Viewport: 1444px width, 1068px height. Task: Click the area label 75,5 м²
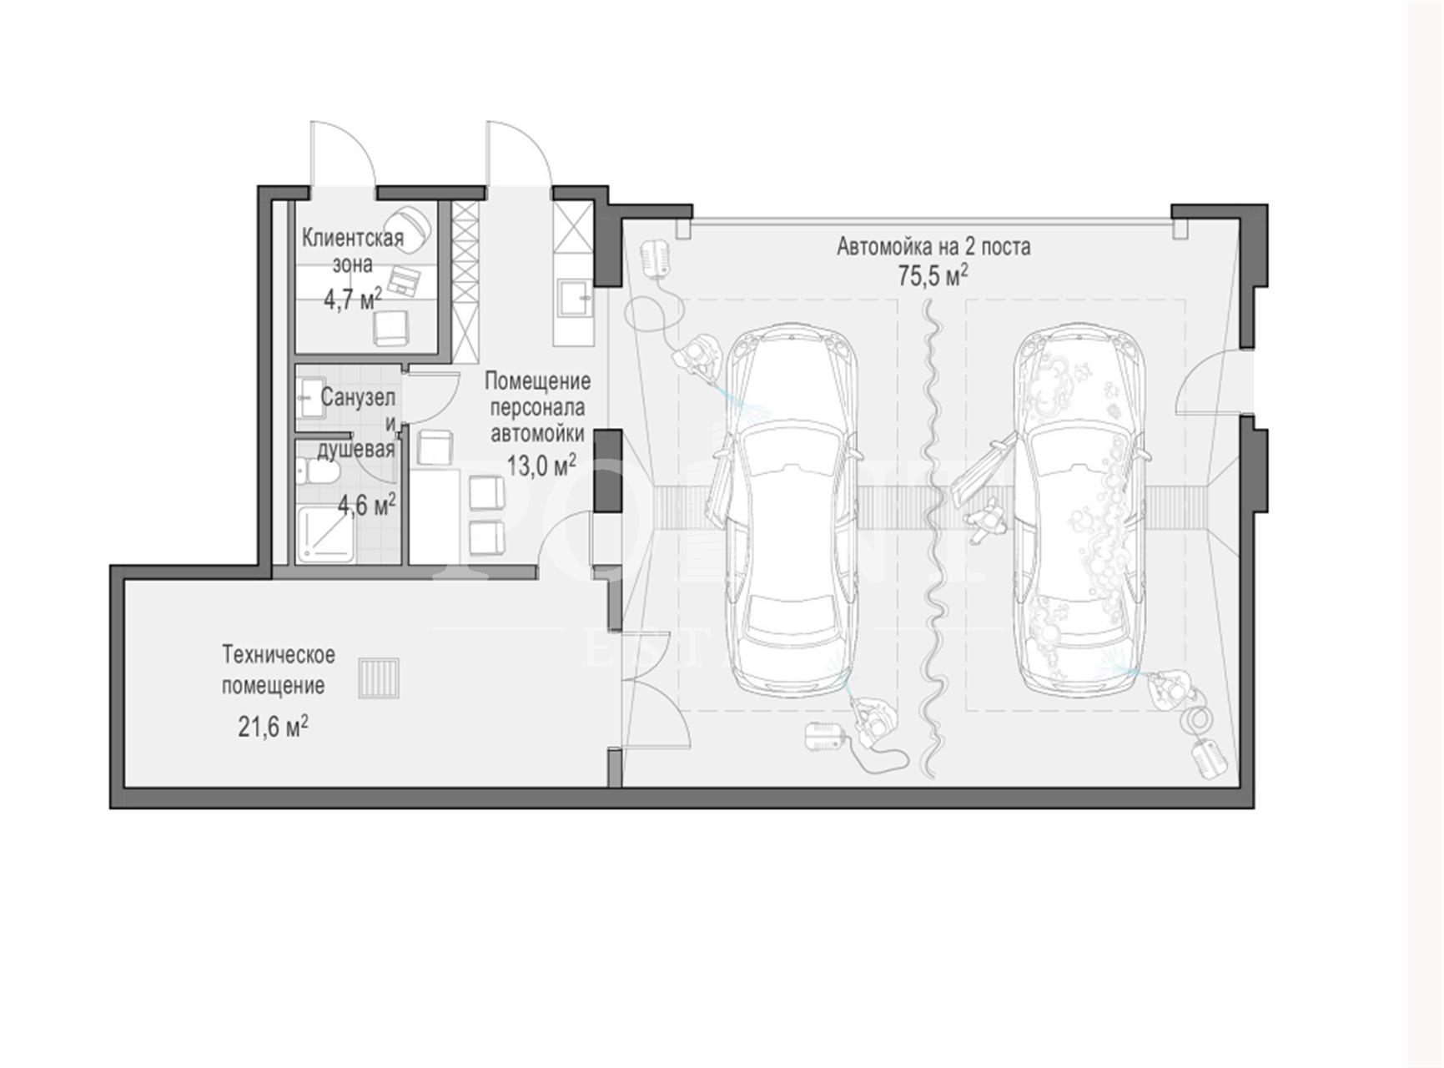tap(933, 275)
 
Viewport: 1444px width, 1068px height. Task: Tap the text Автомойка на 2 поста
tap(933, 247)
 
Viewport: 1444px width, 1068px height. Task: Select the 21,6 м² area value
tap(273, 726)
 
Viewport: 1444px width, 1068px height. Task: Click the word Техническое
tap(279, 655)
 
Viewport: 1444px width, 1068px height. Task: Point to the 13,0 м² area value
tap(541, 465)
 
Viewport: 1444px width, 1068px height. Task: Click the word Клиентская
tap(352, 239)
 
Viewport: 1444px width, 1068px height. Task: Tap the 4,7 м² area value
tap(352, 299)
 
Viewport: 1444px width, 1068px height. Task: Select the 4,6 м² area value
tap(366, 504)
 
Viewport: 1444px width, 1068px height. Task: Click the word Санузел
tap(358, 398)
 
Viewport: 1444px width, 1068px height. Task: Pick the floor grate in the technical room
tap(379, 678)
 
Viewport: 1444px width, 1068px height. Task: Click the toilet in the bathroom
tap(318, 472)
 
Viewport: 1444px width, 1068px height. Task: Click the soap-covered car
tap(1079, 509)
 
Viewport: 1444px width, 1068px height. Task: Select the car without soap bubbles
tap(790, 509)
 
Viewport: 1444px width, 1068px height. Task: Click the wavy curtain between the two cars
tap(933, 539)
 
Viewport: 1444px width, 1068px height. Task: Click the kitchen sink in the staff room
tap(575, 297)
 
